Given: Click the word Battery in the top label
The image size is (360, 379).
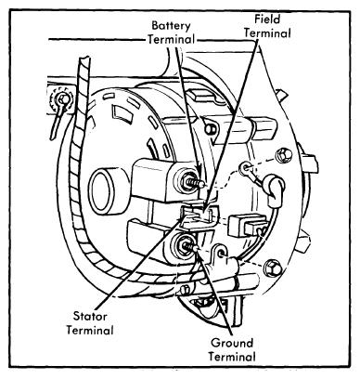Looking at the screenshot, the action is click(171, 26).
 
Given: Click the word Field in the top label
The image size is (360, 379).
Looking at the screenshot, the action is click(267, 20).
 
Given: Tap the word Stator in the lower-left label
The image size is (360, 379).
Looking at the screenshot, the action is click(90, 317).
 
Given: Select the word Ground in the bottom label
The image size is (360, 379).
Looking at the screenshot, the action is click(232, 343).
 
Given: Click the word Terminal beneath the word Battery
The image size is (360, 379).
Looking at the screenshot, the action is click(171, 40).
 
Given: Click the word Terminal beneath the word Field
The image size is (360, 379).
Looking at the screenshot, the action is click(268, 33).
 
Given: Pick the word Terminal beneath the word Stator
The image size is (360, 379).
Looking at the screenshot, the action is click(90, 330).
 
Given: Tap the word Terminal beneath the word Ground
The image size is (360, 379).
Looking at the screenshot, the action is click(232, 357).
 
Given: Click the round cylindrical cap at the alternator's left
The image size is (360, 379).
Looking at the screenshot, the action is click(104, 192).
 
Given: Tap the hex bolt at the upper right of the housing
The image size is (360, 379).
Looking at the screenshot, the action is click(283, 155).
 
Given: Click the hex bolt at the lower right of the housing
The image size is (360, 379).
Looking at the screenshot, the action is click(273, 268).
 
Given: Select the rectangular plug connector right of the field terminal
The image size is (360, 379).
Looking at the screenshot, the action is click(248, 226).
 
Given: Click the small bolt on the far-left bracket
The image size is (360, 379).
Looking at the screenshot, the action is click(63, 99).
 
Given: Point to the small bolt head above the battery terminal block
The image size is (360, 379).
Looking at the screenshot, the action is click(211, 128).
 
